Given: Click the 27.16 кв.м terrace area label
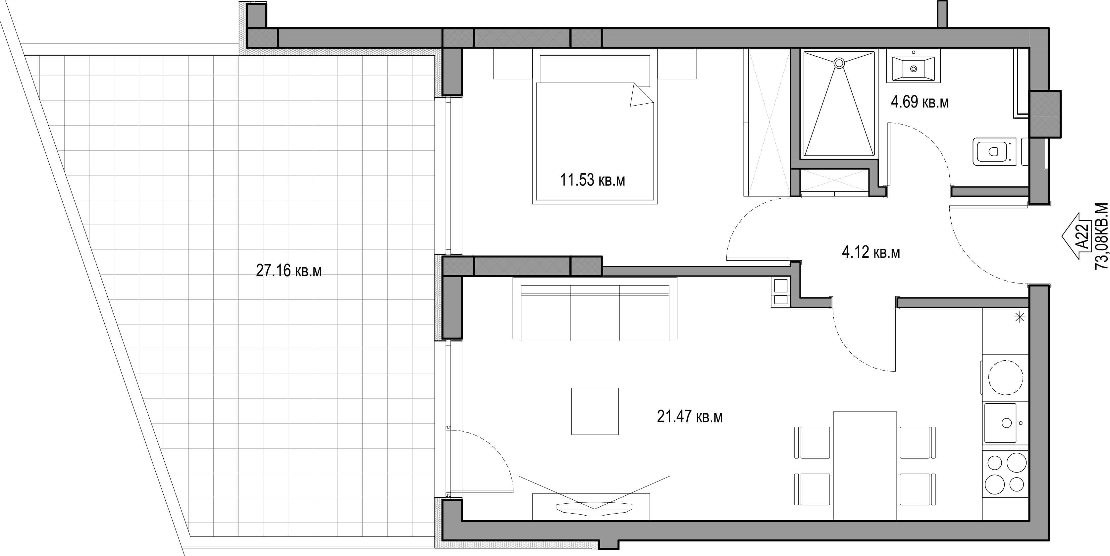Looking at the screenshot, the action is point(289,271).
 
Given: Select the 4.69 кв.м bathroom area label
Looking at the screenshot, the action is point(920,102).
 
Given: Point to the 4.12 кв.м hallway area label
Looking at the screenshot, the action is point(871,252).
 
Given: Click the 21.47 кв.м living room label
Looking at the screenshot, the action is point(689,417).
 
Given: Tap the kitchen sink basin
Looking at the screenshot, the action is point(1000,423).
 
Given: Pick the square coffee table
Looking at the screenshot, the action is point(595,411).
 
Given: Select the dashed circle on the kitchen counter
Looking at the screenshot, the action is point(1006,377).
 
